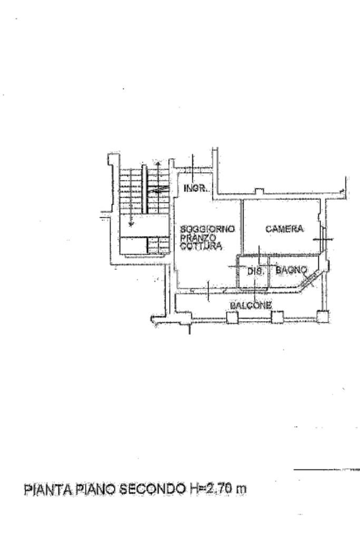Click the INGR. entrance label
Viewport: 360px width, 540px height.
(197, 188)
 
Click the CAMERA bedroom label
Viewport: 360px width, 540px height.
(285, 229)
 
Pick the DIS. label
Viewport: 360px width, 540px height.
(255, 271)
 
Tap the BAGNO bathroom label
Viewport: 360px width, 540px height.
(291, 270)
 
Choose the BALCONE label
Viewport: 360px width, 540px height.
(251, 305)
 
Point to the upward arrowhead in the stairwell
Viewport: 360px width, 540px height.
(158, 166)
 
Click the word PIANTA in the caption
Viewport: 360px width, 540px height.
(45, 489)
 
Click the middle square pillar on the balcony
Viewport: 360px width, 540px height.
(277, 316)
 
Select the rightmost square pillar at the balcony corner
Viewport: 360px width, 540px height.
(322, 316)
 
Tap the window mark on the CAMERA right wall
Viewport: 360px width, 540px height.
(322, 238)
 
